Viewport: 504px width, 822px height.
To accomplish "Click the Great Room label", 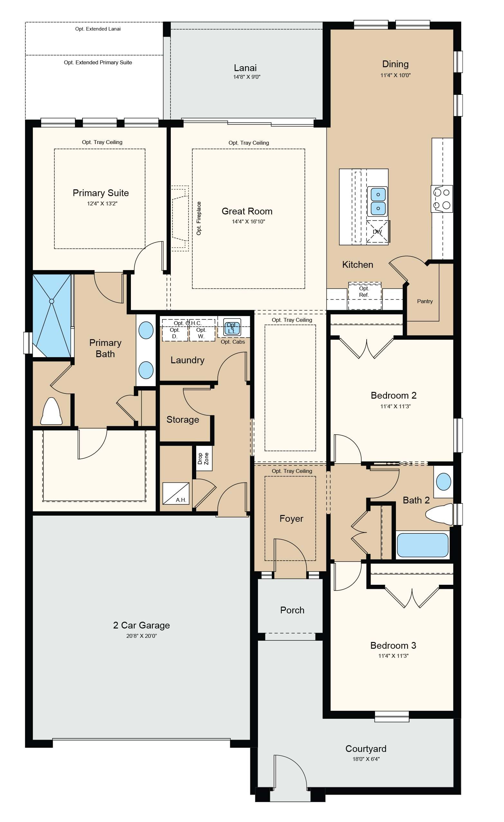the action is (247, 211).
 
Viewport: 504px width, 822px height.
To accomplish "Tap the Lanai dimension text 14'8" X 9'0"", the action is (247, 77).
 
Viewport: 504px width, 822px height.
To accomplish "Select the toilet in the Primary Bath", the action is (51, 411).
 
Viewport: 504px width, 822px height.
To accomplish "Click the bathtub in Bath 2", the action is (423, 545).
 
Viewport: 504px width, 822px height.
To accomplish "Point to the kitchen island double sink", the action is (378, 201).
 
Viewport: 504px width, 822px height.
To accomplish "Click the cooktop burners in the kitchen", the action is (442, 199).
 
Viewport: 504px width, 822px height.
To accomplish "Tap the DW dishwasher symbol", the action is (378, 231).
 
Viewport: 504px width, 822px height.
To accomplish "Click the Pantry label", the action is (425, 301).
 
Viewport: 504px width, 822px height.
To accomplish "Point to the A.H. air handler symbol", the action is (176, 493).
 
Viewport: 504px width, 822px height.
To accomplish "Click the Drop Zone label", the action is (203, 458).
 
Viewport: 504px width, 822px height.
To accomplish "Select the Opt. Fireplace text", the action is (199, 218).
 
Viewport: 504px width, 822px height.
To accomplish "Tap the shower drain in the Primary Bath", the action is (52, 301).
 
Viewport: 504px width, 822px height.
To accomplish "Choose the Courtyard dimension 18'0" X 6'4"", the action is (366, 759).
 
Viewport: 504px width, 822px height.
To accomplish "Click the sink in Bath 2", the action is (444, 482).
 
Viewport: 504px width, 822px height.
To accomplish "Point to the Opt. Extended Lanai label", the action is (98, 29).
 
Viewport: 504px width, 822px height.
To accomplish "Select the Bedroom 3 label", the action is (393, 645).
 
